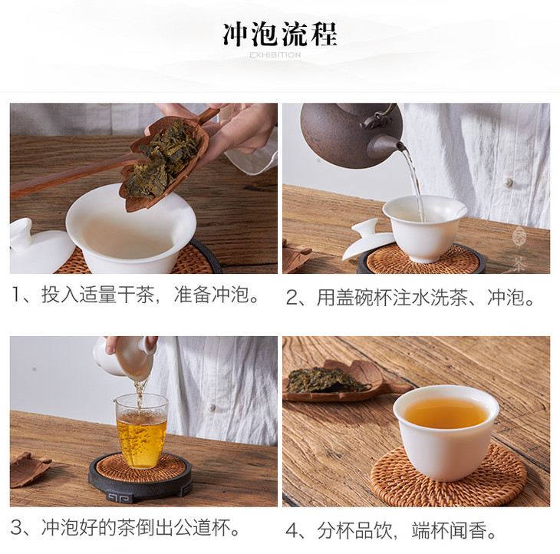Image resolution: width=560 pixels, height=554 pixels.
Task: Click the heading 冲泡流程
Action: click(x=280, y=35)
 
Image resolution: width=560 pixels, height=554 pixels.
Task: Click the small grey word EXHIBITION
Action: click(x=275, y=55)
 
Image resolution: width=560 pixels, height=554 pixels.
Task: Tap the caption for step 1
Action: click(x=136, y=295)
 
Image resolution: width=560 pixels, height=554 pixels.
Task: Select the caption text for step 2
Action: click(x=410, y=297)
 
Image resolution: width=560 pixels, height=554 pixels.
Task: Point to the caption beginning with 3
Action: click(x=126, y=528)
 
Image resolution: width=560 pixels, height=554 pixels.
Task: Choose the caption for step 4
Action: click(x=391, y=530)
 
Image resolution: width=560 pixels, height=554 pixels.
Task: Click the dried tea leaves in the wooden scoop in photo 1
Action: click(x=163, y=158)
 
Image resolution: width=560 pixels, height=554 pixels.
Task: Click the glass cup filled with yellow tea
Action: click(x=141, y=430)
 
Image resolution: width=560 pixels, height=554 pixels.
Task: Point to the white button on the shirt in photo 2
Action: click(x=508, y=183)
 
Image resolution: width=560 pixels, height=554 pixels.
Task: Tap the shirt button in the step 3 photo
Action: click(x=212, y=407)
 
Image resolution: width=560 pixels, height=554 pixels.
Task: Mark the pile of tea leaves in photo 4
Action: click(x=327, y=381)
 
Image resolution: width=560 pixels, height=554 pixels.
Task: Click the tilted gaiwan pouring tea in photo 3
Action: click(x=126, y=357)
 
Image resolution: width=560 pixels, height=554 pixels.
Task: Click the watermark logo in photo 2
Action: click(x=519, y=249)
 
